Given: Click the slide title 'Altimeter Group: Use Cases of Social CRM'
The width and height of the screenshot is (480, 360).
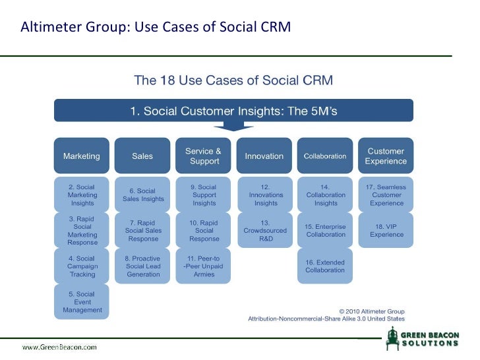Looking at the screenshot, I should click(x=156, y=28).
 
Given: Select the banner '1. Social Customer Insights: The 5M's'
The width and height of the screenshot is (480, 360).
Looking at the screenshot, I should click(x=233, y=111).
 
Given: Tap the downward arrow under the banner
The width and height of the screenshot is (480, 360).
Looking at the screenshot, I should click(x=233, y=126).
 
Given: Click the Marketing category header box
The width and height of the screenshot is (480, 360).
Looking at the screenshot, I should click(x=82, y=156).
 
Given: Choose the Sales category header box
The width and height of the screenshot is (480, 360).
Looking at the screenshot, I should click(x=142, y=156).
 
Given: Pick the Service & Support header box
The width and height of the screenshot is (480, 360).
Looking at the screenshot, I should click(x=203, y=156).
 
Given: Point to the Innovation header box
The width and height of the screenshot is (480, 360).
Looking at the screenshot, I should click(x=264, y=156).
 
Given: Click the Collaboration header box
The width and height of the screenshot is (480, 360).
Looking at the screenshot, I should click(x=325, y=156).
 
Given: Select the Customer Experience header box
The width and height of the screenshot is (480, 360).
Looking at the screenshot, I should click(x=386, y=156).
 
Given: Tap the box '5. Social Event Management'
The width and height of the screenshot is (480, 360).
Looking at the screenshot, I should click(x=82, y=302).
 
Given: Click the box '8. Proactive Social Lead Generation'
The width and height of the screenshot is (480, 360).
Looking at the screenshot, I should click(x=142, y=266).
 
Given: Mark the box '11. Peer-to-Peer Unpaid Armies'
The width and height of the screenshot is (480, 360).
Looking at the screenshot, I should click(x=203, y=266).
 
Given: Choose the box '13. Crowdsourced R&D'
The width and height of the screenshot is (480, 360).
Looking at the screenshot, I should click(x=264, y=230).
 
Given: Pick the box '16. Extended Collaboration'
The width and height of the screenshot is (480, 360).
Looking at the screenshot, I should click(x=325, y=266).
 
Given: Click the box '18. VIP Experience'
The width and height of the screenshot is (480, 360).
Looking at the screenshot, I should click(x=386, y=230).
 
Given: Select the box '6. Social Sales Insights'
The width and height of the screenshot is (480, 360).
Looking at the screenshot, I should click(x=142, y=195).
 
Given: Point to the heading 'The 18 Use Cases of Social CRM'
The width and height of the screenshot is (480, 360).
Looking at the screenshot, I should click(x=233, y=81).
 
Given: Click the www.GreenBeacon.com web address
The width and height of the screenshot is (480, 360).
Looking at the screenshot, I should click(x=59, y=346).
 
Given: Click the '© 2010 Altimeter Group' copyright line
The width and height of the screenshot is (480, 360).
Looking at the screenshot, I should click(x=371, y=311).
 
